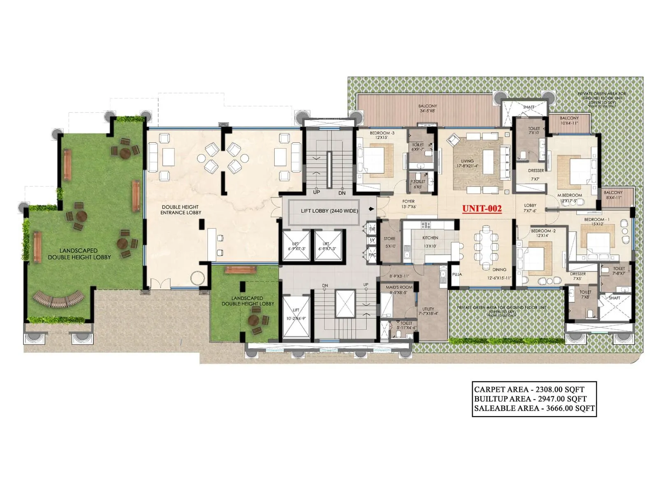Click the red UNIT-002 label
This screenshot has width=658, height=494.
click(x=482, y=209)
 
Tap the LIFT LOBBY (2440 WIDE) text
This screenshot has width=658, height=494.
click(x=329, y=211)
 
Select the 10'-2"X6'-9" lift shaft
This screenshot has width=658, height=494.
click(x=296, y=315)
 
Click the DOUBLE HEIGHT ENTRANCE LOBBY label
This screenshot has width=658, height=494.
click(x=181, y=210)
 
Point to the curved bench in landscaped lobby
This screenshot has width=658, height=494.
click(x=58, y=299)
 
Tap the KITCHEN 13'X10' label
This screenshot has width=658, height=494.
click(x=430, y=242)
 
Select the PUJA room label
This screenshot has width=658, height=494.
click(x=456, y=274)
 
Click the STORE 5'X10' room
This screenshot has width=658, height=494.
click(x=389, y=242)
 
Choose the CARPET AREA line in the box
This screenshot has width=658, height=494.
click(x=529, y=389)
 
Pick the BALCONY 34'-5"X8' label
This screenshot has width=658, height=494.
click(x=427, y=109)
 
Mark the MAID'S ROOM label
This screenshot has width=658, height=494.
click(x=399, y=287)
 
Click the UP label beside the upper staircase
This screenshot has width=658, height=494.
click(x=316, y=192)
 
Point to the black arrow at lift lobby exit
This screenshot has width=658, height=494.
click(x=372, y=209)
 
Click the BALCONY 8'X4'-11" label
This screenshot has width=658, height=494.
click(x=613, y=195)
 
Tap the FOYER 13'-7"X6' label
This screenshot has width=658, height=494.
click(x=408, y=204)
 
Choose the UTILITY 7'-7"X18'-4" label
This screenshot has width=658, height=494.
click(x=428, y=311)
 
